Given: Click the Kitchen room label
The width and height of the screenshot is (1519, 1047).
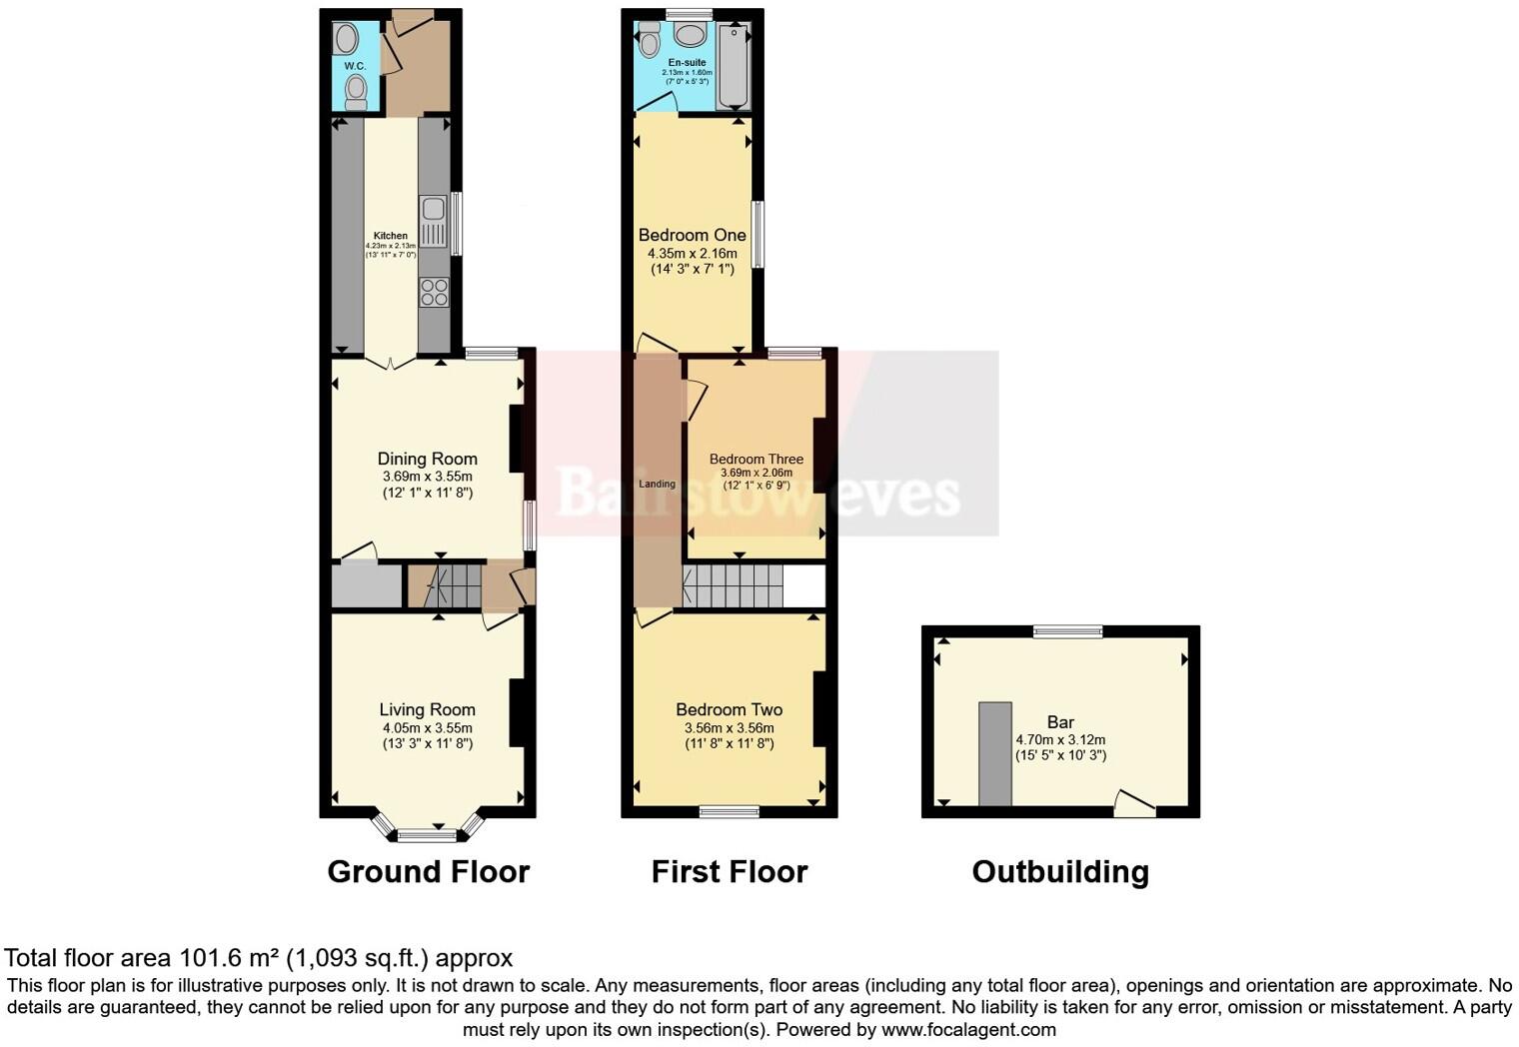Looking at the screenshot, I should (391, 236).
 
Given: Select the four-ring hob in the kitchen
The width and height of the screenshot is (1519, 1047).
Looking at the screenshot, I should (435, 293).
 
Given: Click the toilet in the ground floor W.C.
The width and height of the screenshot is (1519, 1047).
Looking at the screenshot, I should (356, 92).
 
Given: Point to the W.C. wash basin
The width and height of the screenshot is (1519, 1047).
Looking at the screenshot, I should (347, 40).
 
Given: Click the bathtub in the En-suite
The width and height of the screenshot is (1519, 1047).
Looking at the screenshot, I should (734, 67).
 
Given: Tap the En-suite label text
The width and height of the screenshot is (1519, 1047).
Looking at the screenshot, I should (688, 62).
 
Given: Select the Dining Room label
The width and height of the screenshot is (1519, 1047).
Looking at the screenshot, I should (427, 459).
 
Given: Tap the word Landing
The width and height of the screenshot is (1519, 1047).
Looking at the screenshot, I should (657, 484).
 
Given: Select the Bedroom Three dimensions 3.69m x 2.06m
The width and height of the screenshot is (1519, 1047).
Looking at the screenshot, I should (757, 473).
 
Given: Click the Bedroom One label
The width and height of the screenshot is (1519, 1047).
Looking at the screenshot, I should (693, 235).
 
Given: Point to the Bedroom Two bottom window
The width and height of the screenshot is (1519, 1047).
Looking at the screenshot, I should (729, 811).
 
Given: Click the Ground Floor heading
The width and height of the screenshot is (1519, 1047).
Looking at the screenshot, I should (428, 871).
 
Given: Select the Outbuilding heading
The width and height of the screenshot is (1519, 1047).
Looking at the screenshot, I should (1060, 871).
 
